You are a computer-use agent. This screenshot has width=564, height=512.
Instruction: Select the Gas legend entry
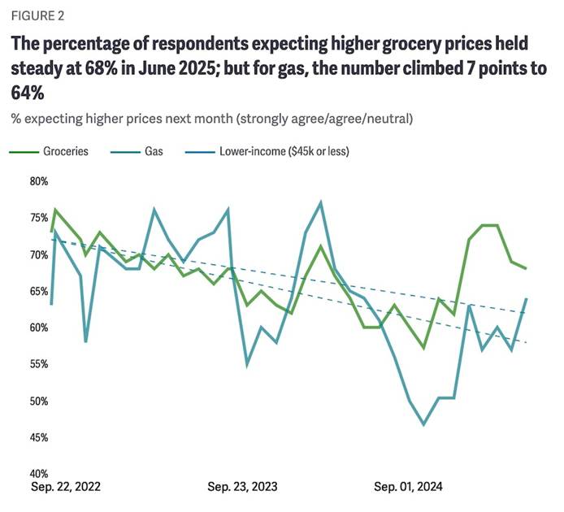[152, 151]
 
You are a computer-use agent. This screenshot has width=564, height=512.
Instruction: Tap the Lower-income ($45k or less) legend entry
[282, 151]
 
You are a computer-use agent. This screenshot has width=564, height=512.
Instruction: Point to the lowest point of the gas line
[424, 424]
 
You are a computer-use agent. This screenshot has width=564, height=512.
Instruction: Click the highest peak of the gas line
[321, 202]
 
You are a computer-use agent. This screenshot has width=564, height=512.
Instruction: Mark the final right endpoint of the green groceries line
[526, 268]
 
